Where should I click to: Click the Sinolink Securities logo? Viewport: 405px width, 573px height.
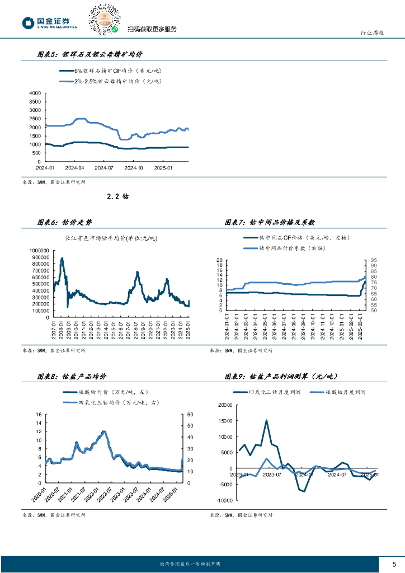click(49, 22)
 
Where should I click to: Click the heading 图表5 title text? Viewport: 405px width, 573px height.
click(90, 55)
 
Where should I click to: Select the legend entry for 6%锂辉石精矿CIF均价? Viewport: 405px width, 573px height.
click(109, 71)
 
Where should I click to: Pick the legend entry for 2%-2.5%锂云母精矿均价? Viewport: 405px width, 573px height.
click(109, 82)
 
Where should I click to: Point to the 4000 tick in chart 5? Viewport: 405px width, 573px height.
click(35, 93)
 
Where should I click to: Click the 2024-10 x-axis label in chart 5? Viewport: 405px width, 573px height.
click(134, 167)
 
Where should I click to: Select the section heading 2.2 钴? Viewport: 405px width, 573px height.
click(117, 196)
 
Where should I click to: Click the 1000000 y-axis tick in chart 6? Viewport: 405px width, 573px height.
click(35, 250)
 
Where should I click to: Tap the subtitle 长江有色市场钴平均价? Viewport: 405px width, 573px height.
click(111, 239)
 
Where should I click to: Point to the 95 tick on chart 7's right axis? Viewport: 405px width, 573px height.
click(373, 260)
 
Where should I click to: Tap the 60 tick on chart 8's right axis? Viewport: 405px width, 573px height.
click(190, 415)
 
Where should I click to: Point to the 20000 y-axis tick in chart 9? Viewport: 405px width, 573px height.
click(225, 405)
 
